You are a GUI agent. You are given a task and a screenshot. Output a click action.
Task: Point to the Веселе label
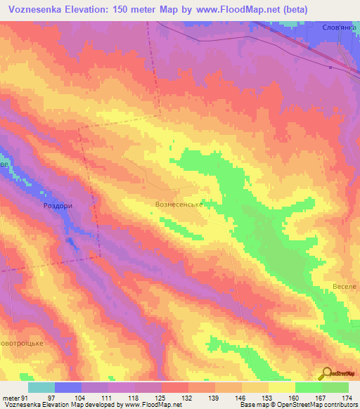point(345,287)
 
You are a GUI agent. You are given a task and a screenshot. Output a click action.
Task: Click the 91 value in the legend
point(25,397)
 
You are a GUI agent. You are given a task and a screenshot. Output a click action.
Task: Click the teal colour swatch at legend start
point(41,387)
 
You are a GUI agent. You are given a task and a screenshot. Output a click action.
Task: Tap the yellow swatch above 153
point(256,387)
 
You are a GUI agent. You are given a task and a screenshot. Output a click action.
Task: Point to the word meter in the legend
point(11,397)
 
